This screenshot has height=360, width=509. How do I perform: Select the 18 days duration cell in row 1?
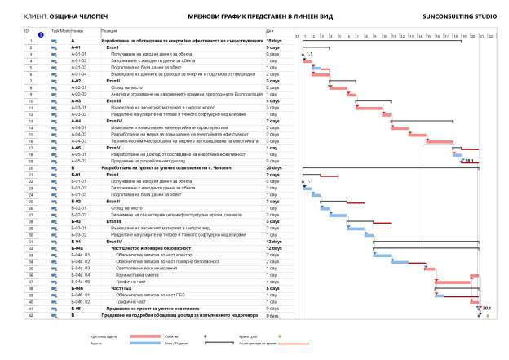click(x=273, y=40)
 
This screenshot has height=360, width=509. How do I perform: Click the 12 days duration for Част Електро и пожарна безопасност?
click(x=275, y=247)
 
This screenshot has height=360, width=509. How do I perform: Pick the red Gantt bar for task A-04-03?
click(x=440, y=141)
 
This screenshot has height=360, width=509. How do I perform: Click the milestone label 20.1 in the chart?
click(x=486, y=309)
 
